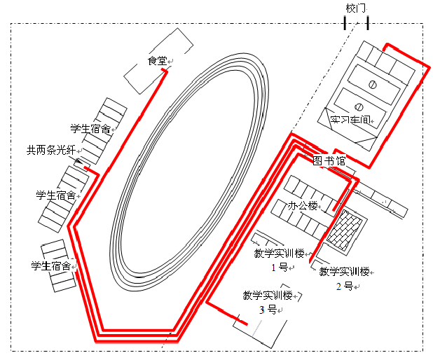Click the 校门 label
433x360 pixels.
point(356,8)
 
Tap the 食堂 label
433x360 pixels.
point(156,62)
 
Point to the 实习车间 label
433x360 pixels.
point(350,119)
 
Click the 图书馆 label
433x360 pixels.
point(329,160)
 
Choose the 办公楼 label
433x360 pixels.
point(303,206)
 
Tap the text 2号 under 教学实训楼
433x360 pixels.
point(344,285)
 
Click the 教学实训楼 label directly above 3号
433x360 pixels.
point(267,295)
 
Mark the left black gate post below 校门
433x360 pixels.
point(345,24)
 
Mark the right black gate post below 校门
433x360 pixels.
point(368,24)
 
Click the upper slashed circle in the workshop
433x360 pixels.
point(373,85)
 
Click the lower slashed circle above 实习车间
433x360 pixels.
point(358,106)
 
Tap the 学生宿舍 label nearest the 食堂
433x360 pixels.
point(90,129)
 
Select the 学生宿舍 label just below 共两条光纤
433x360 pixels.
point(55,194)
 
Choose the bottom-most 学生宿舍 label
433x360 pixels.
point(50,265)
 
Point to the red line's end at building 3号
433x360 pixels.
point(246,324)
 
